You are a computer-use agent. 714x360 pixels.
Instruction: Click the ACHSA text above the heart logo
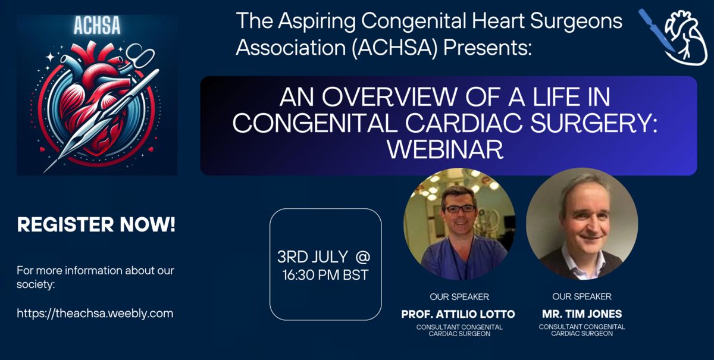point(97,25)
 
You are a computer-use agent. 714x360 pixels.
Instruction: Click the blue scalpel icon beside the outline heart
point(657,30)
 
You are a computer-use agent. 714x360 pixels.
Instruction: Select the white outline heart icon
point(686,38)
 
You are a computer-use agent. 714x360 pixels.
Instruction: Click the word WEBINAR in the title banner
point(445,149)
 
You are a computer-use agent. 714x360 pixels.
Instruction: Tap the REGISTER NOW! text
point(96,224)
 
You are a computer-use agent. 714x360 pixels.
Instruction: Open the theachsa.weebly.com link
point(95,313)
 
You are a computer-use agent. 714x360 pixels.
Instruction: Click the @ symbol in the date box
point(363,256)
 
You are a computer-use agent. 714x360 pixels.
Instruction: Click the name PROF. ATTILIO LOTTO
point(458,314)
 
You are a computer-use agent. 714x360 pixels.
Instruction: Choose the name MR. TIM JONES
point(582,314)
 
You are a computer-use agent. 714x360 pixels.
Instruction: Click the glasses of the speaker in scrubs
point(460,209)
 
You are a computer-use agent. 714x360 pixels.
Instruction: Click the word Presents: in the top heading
point(487,48)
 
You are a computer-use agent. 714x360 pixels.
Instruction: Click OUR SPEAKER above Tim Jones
point(582,296)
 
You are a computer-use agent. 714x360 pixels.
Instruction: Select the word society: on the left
point(36,284)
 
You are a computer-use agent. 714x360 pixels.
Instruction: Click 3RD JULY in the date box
point(312,257)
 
